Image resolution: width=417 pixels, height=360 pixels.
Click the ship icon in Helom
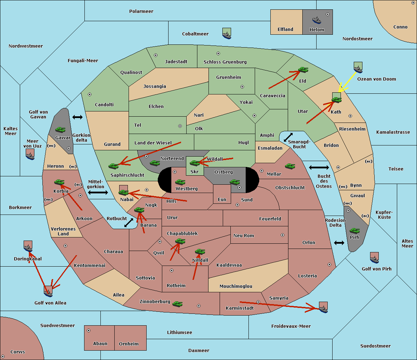317,20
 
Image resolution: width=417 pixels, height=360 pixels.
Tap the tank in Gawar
60,129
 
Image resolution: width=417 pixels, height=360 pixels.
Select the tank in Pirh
354,231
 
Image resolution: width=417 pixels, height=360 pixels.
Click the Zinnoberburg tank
178,304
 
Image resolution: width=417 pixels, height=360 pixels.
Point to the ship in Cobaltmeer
227,35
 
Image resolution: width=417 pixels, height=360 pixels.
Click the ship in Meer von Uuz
30,156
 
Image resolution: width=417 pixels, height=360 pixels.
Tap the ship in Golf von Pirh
375,259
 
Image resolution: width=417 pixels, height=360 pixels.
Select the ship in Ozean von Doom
358,69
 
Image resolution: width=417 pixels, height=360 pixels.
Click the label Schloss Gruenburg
225,62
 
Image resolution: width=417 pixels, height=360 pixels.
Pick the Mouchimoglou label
236,286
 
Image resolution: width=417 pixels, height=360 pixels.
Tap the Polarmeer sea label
141,11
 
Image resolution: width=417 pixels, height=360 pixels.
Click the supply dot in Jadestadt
156,55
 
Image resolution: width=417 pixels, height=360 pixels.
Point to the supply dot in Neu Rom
283,235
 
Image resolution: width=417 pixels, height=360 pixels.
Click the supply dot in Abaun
89,330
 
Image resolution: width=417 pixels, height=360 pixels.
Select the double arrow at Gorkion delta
77,117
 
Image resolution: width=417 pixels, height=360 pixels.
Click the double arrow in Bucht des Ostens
319,167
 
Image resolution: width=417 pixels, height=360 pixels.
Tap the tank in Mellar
290,166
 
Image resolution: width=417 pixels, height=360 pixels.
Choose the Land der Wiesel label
153,143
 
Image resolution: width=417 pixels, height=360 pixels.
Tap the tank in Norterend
155,163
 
